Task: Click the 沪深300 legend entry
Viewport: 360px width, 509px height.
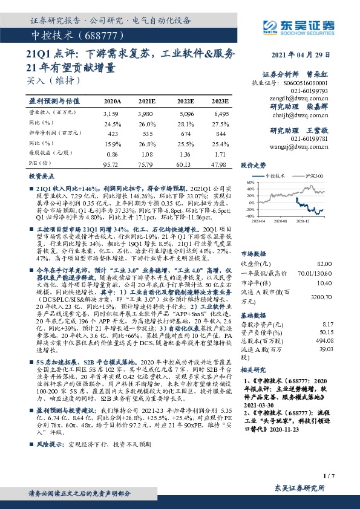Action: click(x=313, y=175)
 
